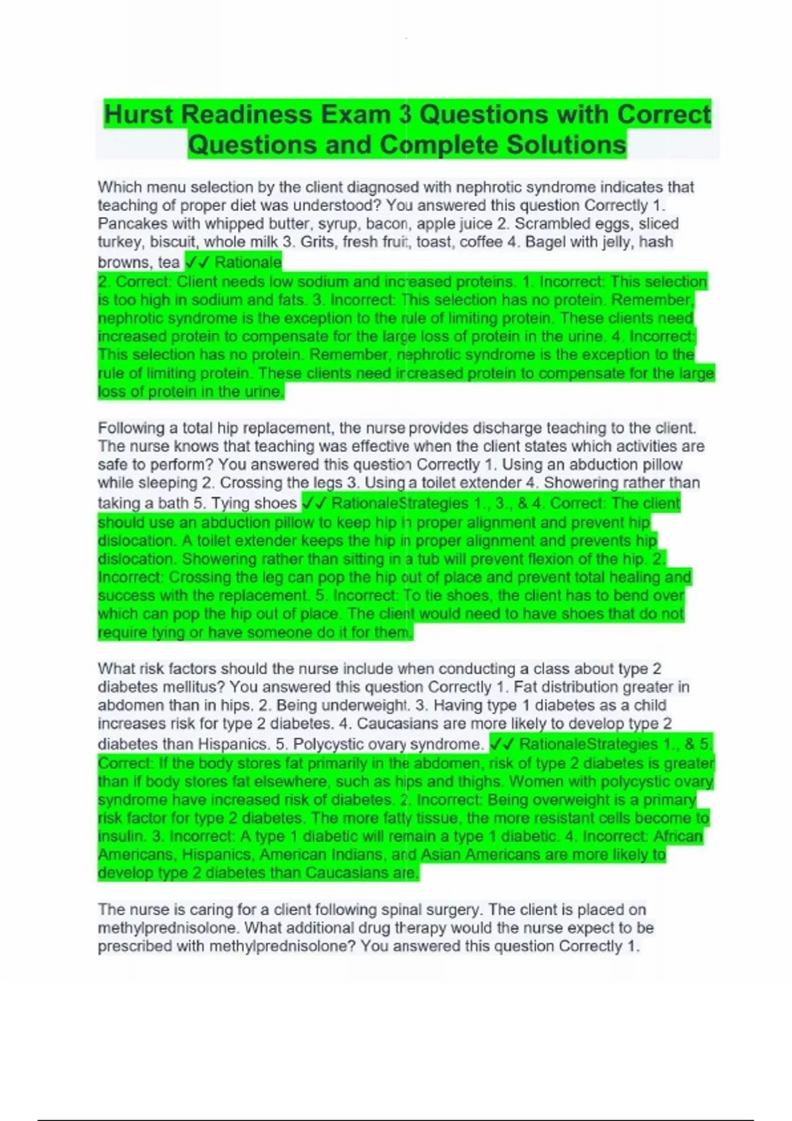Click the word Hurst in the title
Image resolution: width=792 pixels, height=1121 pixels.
pos(139,115)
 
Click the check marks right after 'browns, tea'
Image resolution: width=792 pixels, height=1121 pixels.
pos(197,262)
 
